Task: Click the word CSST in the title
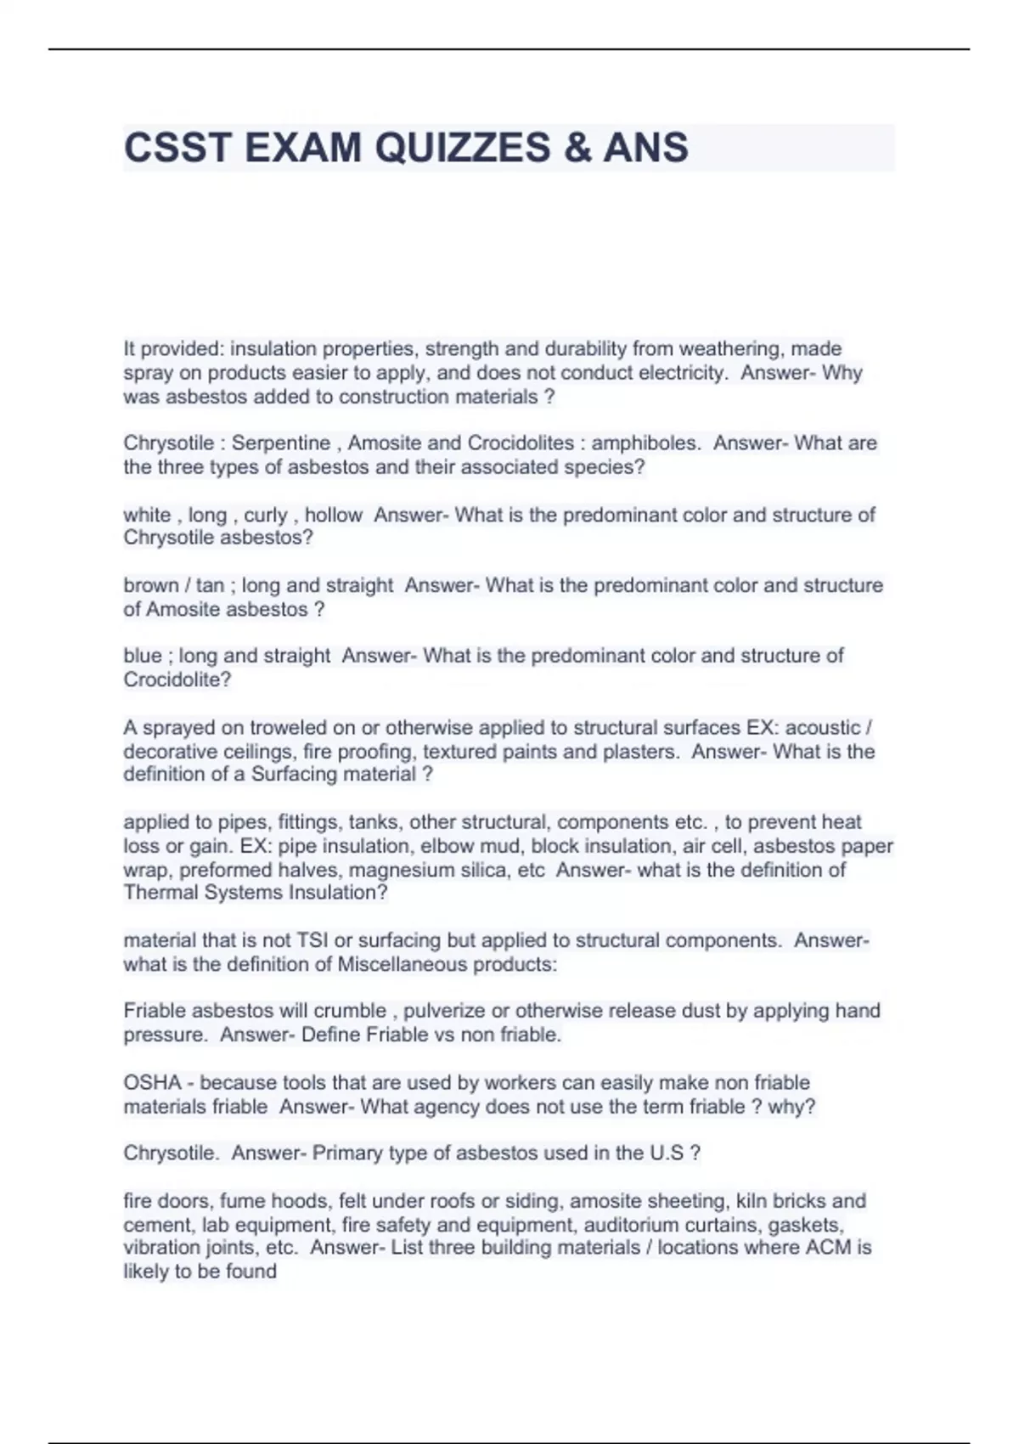pos(177,148)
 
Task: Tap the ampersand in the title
pos(575,148)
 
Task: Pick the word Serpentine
pos(281,443)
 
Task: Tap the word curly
pos(266,516)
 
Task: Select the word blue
pos(142,656)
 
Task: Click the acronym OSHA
pos(153,1083)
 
